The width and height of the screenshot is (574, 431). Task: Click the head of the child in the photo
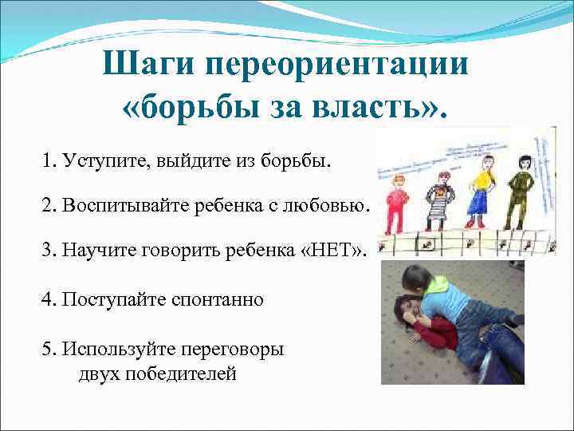[x=417, y=279]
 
